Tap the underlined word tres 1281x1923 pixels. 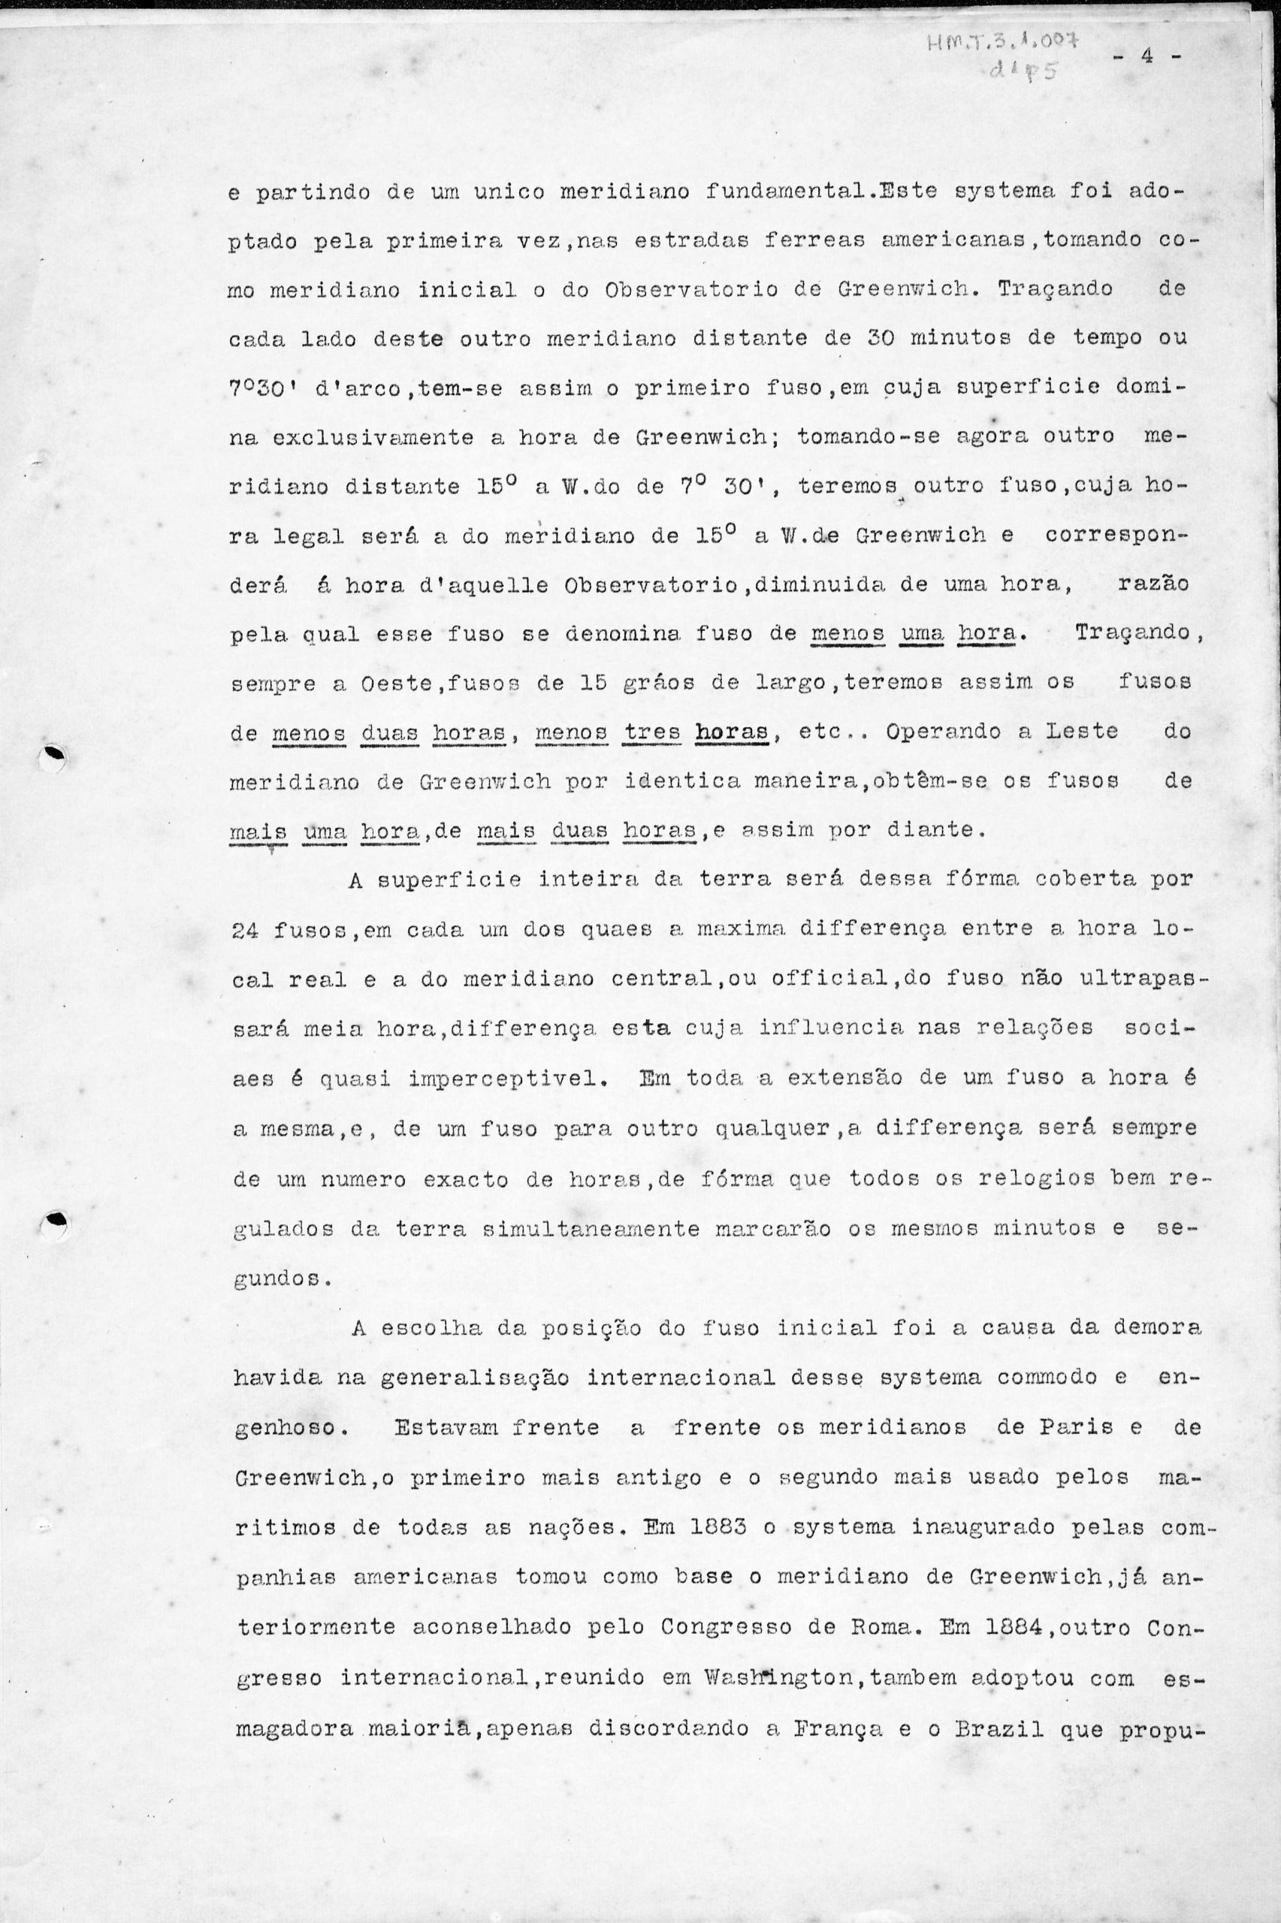point(652,732)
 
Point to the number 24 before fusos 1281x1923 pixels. point(246,929)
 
